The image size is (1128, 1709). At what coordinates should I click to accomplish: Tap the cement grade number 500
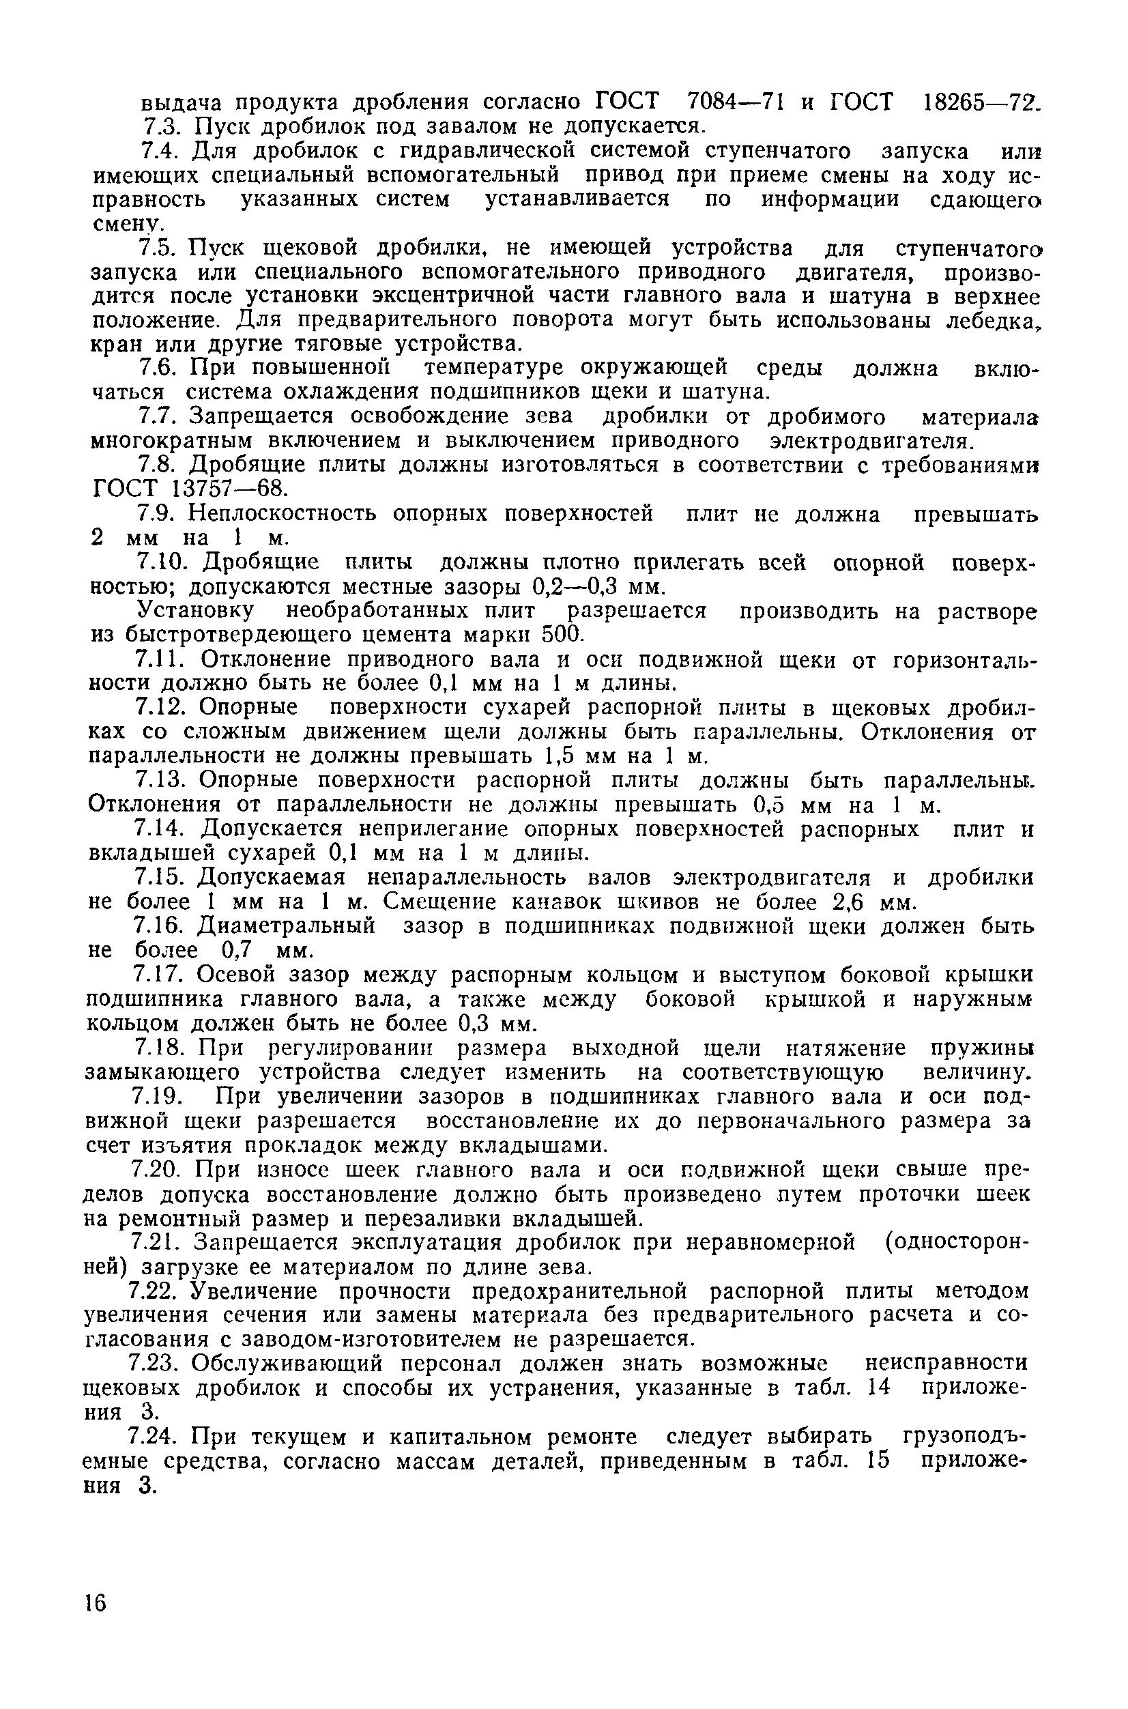pyautogui.click(x=560, y=635)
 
